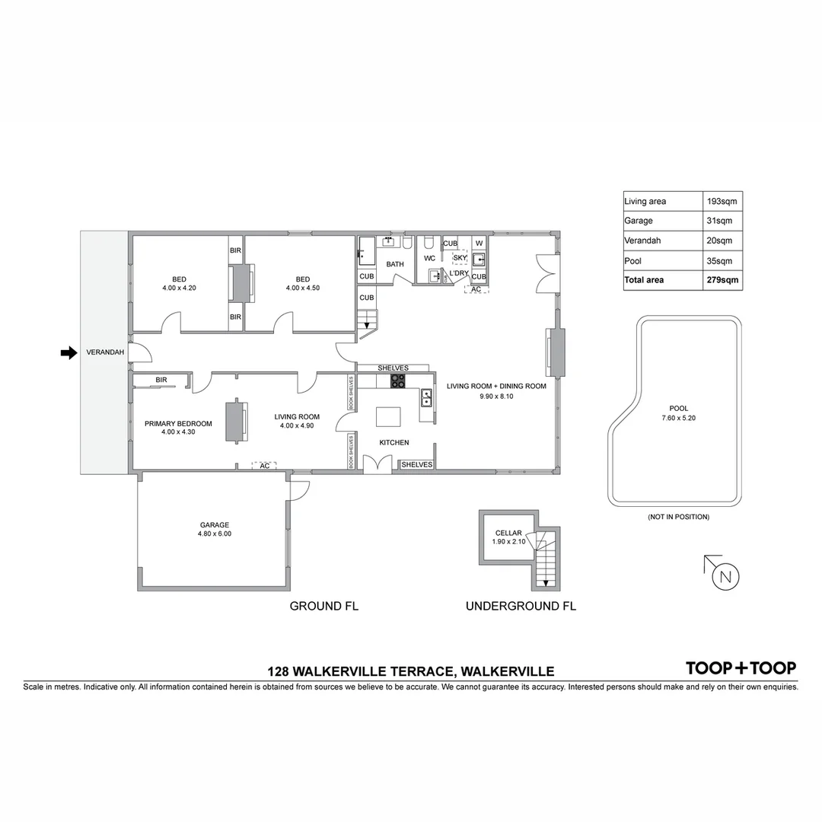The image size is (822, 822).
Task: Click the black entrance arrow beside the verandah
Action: click(x=69, y=352)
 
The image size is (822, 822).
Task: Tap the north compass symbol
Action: click(x=724, y=576)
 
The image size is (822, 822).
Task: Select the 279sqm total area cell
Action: click(x=723, y=280)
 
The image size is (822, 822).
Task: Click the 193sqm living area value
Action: click(x=723, y=202)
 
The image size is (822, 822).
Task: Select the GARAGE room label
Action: click(x=215, y=525)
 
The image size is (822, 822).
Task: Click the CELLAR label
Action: click(x=508, y=533)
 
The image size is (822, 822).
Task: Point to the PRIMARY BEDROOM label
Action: click(x=178, y=424)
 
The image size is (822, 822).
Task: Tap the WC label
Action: click(x=429, y=258)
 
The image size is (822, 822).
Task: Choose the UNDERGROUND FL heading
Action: click(x=521, y=607)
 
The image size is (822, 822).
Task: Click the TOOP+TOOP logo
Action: click(x=741, y=668)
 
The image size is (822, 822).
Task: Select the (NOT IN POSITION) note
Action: click(x=678, y=517)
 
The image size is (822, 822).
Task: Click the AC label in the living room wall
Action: click(x=264, y=465)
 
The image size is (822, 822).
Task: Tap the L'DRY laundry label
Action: click(x=458, y=272)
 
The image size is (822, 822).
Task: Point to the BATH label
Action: click(x=395, y=264)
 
